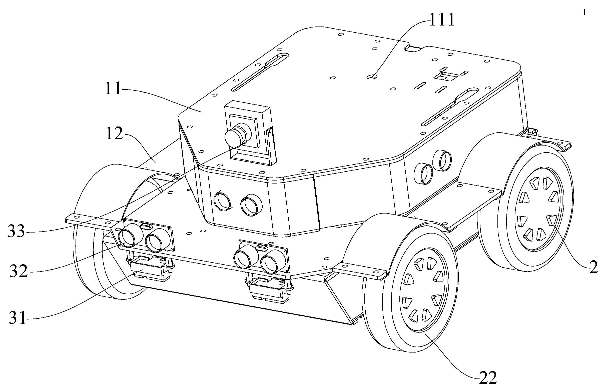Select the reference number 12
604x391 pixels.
[x=115, y=134]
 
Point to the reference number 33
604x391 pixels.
[x=16, y=231]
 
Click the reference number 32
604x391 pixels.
[x=19, y=271]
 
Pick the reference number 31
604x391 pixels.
[x=18, y=318]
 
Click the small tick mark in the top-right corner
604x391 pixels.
[x=584, y=12]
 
